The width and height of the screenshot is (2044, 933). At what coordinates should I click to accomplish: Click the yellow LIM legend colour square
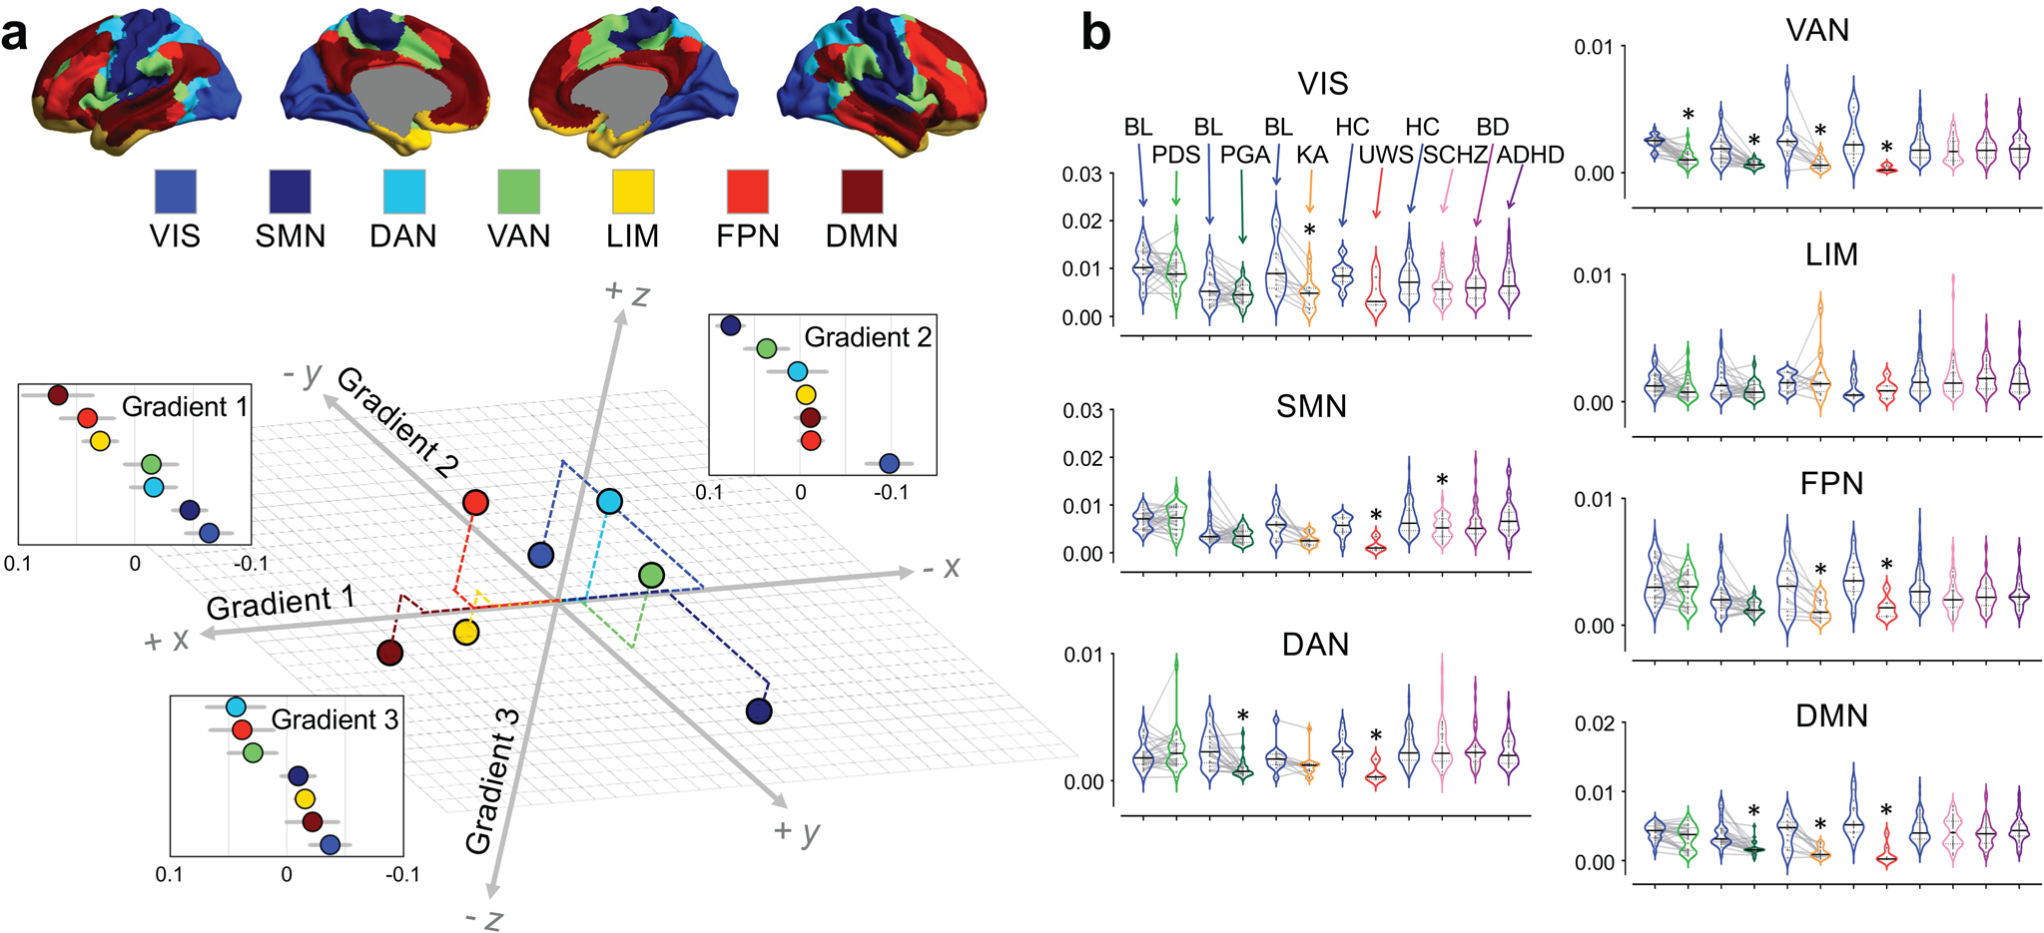click(x=633, y=192)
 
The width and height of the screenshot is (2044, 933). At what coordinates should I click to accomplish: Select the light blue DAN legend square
click(x=404, y=192)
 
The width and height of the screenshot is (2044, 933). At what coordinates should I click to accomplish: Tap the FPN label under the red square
click(x=747, y=236)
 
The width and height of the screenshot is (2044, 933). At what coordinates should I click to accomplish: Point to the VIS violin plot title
click(x=1322, y=84)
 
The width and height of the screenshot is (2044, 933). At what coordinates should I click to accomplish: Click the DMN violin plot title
click(x=1831, y=715)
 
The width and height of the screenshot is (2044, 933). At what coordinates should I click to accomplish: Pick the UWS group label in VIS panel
click(x=1386, y=155)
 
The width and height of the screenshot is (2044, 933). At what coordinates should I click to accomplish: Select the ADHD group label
click(x=1530, y=155)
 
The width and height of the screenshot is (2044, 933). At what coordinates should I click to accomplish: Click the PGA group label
click(x=1244, y=155)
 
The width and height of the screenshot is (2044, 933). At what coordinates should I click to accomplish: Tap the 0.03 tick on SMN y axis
click(x=1081, y=410)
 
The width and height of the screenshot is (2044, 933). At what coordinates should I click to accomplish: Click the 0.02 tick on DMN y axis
click(x=1595, y=722)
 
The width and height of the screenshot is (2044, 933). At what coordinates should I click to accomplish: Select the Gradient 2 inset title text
click(x=868, y=337)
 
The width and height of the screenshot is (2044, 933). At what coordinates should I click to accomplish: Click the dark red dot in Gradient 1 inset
click(x=57, y=395)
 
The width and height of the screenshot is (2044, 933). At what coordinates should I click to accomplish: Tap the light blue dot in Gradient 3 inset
click(x=236, y=706)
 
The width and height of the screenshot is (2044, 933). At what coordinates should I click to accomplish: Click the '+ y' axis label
click(x=797, y=830)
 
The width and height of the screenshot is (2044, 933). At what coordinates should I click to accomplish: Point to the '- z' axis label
click(x=483, y=918)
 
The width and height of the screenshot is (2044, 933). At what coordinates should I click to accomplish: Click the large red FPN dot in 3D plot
click(x=476, y=503)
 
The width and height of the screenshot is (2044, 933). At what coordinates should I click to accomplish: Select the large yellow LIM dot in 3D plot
click(x=466, y=633)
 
